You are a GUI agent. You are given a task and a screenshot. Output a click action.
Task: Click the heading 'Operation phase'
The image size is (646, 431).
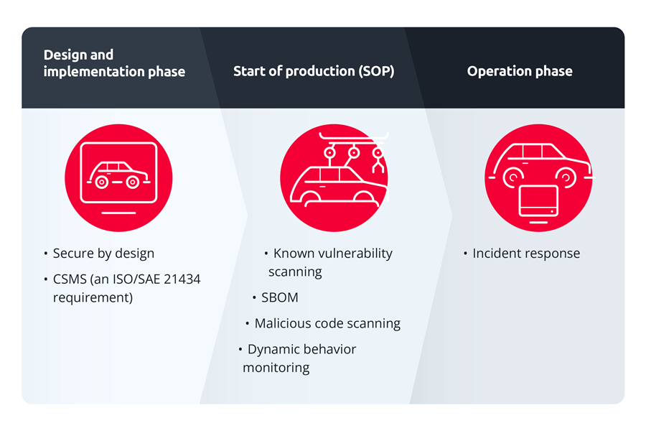click(x=519, y=71)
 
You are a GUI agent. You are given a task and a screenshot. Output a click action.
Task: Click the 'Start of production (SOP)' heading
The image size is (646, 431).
click(x=314, y=71)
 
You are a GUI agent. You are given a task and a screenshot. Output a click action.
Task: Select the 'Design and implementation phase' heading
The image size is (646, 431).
click(x=114, y=63)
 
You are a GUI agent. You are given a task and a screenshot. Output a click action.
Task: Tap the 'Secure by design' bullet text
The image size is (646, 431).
click(x=103, y=253)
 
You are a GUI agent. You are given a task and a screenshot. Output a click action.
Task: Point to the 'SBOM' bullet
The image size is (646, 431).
click(x=279, y=297)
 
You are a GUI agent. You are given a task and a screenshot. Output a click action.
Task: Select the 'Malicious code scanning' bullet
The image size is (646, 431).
click(x=327, y=323)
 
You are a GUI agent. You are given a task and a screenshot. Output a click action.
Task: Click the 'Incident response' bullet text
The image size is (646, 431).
click(x=525, y=253)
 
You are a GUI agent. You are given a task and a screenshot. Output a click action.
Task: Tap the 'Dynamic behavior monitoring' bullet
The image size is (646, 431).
click(x=301, y=358)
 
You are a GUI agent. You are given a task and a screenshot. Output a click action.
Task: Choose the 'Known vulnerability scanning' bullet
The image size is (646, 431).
click(x=332, y=261)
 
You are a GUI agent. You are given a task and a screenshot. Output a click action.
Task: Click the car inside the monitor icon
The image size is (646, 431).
click(x=118, y=175)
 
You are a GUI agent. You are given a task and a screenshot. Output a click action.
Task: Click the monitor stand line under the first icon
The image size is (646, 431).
click(x=118, y=213)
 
